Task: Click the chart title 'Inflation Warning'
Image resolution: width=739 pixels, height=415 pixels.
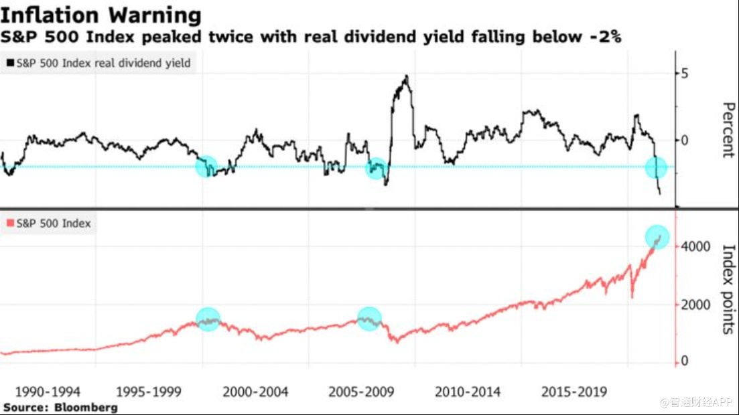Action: (102, 14)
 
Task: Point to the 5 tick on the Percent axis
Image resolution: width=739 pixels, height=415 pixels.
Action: (684, 73)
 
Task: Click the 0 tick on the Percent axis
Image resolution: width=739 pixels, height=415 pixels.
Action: (684, 140)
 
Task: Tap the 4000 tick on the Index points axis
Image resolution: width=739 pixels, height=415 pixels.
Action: (696, 247)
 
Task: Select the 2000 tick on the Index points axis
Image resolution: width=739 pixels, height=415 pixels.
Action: (696, 305)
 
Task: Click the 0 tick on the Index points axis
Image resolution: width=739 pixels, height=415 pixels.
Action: (684, 361)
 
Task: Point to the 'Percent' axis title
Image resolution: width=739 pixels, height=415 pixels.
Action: (728, 130)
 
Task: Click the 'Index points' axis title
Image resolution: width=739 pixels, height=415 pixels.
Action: (728, 289)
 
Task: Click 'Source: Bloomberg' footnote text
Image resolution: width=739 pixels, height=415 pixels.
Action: (60, 407)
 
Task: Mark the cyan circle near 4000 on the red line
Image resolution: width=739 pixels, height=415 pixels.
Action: (657, 236)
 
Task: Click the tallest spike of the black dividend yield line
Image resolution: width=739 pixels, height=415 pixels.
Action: (406, 77)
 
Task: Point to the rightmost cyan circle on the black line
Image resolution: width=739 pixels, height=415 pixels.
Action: (657, 167)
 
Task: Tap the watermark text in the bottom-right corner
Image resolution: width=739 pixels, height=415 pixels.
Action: (697, 402)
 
